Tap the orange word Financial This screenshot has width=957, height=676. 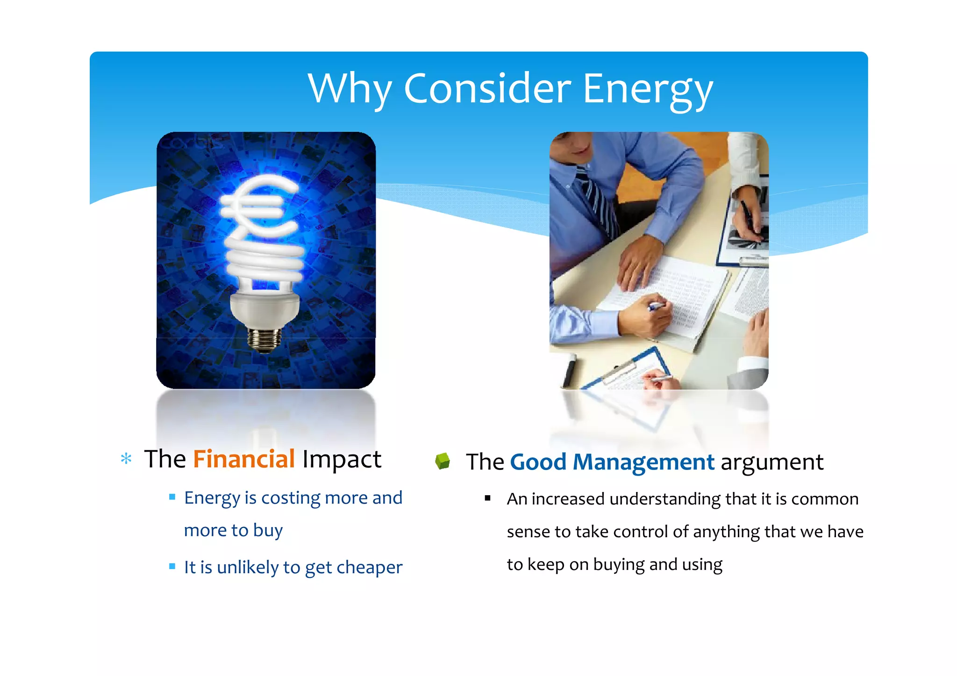(243, 459)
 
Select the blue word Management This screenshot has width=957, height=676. (643, 463)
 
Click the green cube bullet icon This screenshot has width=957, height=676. (442, 461)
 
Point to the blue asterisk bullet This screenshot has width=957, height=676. (126, 458)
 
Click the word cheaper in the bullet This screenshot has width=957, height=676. (369, 567)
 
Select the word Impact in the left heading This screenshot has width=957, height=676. (342, 459)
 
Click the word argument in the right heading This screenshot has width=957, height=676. (771, 463)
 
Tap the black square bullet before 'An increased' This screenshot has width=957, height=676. (487, 498)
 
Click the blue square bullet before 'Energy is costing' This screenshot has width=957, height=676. (172, 497)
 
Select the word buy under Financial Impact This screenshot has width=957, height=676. (268, 531)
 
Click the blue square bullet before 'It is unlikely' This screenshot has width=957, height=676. (172, 567)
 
